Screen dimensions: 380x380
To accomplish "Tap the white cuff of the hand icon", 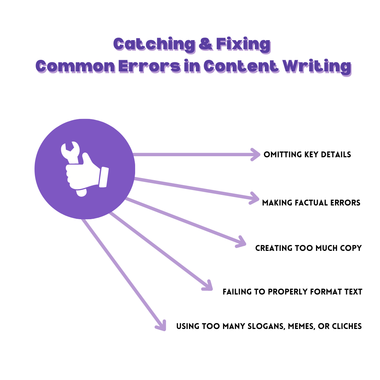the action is (x=103, y=177).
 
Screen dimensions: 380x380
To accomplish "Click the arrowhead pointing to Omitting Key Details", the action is (x=255, y=154).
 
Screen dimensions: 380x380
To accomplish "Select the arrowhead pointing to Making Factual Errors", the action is (x=255, y=198).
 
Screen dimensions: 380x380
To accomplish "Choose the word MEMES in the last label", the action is (x=301, y=326).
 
